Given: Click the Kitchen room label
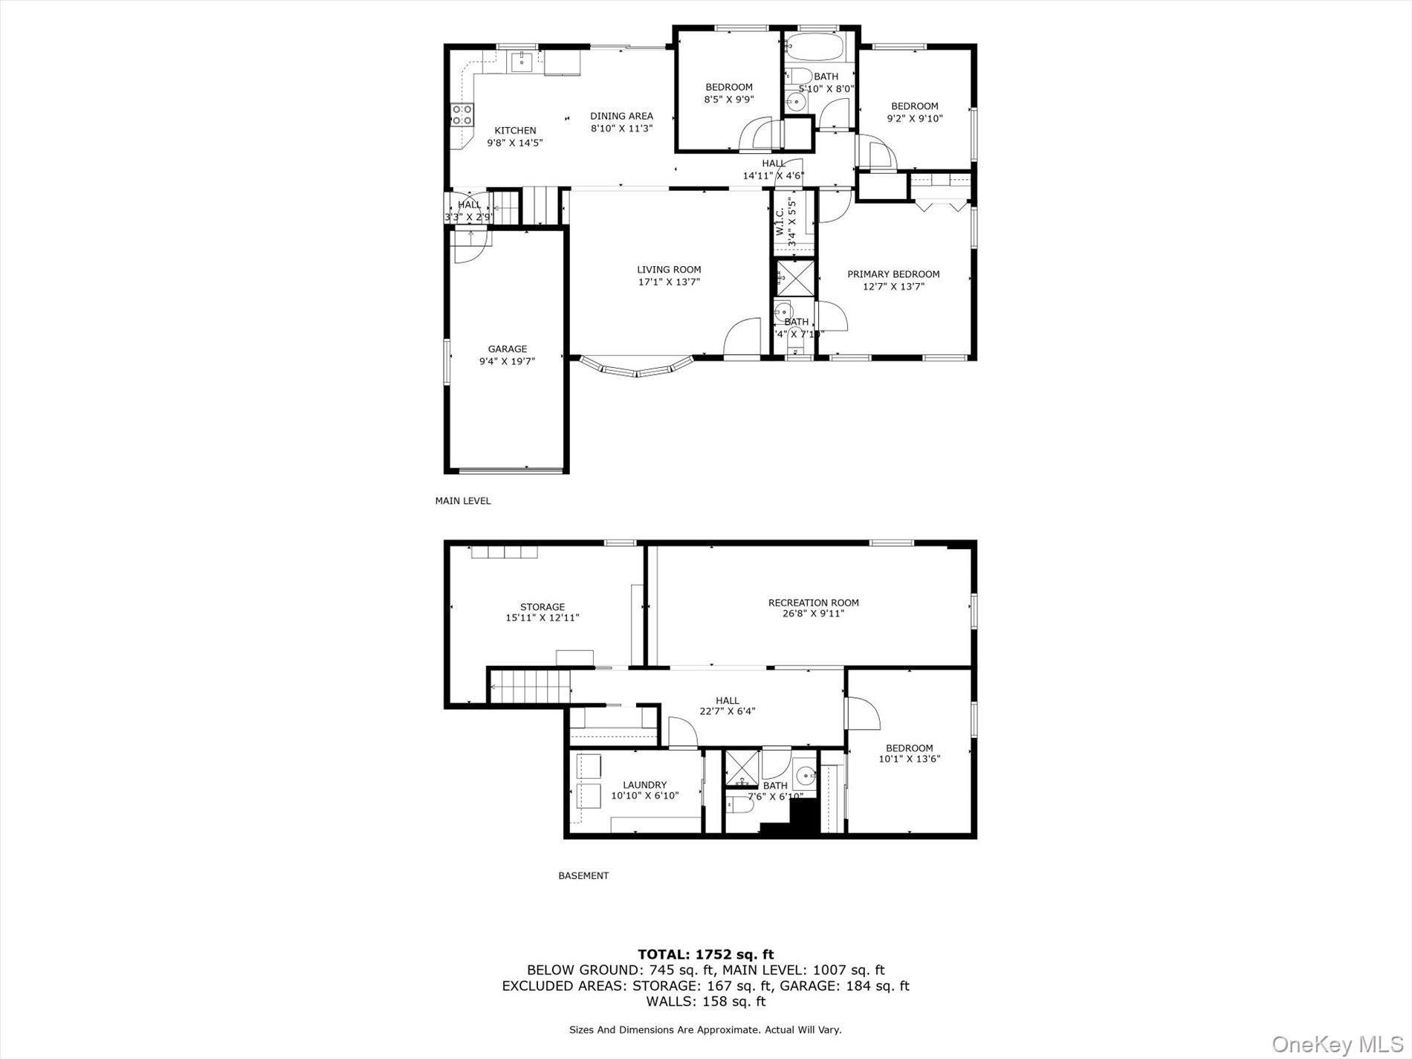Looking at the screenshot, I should click(515, 131).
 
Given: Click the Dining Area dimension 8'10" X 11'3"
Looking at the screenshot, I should click(621, 128).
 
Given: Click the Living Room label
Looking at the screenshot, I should click(668, 270).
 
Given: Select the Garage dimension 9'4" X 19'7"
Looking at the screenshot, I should click(507, 361).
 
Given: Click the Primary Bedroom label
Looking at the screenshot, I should click(893, 274).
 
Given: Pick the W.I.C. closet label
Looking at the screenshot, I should click(780, 221).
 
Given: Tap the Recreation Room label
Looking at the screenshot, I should click(813, 603).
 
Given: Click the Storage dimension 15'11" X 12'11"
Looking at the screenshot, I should click(542, 618).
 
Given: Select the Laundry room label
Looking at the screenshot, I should click(644, 785).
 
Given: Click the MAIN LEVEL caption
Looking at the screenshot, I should click(462, 501).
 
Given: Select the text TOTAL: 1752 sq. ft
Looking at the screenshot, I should click(705, 954).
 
